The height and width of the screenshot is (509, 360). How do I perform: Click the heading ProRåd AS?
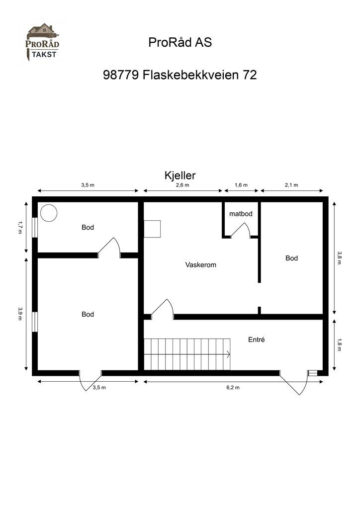tap(180, 43)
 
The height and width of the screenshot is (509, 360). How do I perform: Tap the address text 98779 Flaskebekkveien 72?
tap(180, 75)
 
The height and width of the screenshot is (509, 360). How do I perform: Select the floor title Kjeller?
tap(180, 175)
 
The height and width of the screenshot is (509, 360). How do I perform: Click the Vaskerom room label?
tap(200, 265)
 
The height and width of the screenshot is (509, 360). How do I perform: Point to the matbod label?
tap(241, 214)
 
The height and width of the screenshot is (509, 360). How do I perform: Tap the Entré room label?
tap(256, 340)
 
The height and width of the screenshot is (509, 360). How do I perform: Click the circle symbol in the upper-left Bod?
tap(49, 213)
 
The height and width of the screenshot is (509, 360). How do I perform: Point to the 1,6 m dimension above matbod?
tap(241, 185)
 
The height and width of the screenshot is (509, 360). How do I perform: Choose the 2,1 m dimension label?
tap(291, 185)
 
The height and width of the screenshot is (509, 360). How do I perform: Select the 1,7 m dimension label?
tap(20, 228)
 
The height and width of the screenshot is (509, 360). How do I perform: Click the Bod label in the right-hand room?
tap(291, 258)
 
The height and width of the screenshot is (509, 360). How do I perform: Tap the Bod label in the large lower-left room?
tap(88, 314)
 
